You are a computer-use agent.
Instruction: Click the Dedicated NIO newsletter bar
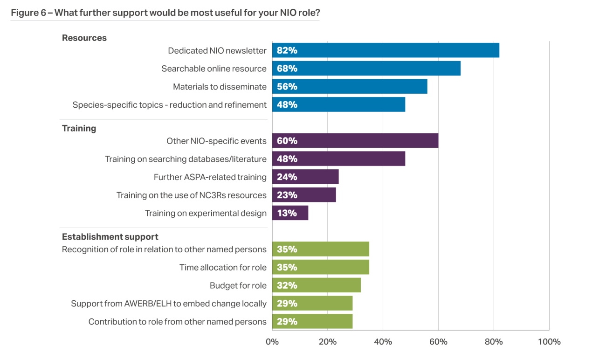(386, 50)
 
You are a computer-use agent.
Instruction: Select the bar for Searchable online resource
(366, 69)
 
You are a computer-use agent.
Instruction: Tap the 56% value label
(287, 87)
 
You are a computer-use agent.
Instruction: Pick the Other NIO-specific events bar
(355, 141)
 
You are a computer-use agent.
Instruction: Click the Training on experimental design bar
(290, 213)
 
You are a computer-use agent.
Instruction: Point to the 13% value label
(287, 213)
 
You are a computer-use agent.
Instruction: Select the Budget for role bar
(316, 285)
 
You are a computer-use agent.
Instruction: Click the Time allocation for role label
(223, 267)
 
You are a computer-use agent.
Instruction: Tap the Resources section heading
(84, 38)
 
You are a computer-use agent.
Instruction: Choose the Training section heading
(79, 128)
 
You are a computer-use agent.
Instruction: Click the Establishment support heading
(110, 237)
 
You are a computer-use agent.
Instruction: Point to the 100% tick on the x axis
(549, 342)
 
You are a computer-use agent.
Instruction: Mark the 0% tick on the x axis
(272, 342)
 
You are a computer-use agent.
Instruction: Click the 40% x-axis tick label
(383, 342)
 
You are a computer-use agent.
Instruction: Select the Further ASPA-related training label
(210, 177)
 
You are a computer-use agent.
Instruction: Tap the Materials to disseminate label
(220, 87)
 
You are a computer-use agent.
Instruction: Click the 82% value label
(287, 50)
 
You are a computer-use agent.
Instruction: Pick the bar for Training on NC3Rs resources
(304, 195)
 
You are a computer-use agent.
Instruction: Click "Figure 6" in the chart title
(28, 13)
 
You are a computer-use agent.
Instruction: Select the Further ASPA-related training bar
(305, 177)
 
